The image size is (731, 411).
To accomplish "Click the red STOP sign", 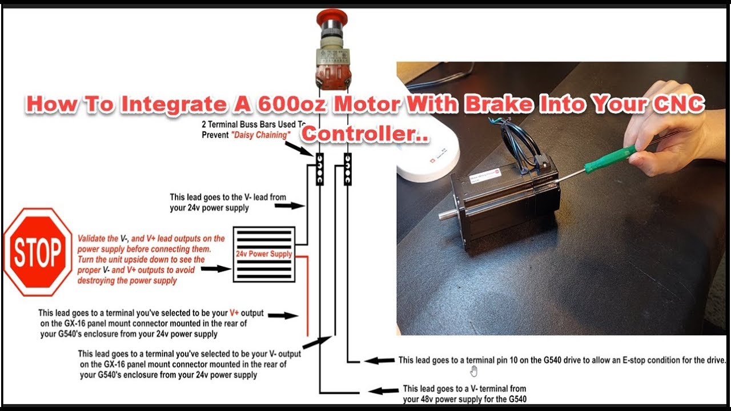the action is click(38, 252).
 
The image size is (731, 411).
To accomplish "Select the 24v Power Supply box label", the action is click(264, 254).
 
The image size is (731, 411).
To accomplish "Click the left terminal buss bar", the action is click(320, 170).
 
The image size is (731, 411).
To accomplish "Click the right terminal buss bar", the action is click(348, 170).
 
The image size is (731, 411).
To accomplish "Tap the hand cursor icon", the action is click(473, 371).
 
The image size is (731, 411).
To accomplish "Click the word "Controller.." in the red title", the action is click(365, 134).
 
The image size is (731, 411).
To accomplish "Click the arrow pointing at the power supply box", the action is click(216, 269).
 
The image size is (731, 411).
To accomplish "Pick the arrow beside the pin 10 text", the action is click(379, 360).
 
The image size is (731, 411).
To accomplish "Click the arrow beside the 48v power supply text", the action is click(383, 390).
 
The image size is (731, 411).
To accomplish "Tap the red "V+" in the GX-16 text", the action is click(234, 313).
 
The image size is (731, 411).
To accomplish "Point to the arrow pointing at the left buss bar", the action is click(299, 149).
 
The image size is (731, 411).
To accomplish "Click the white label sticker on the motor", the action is click(485, 176).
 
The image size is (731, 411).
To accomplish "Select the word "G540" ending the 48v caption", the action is click(517, 399).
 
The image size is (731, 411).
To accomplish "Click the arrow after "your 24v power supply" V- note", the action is click(290, 205).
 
